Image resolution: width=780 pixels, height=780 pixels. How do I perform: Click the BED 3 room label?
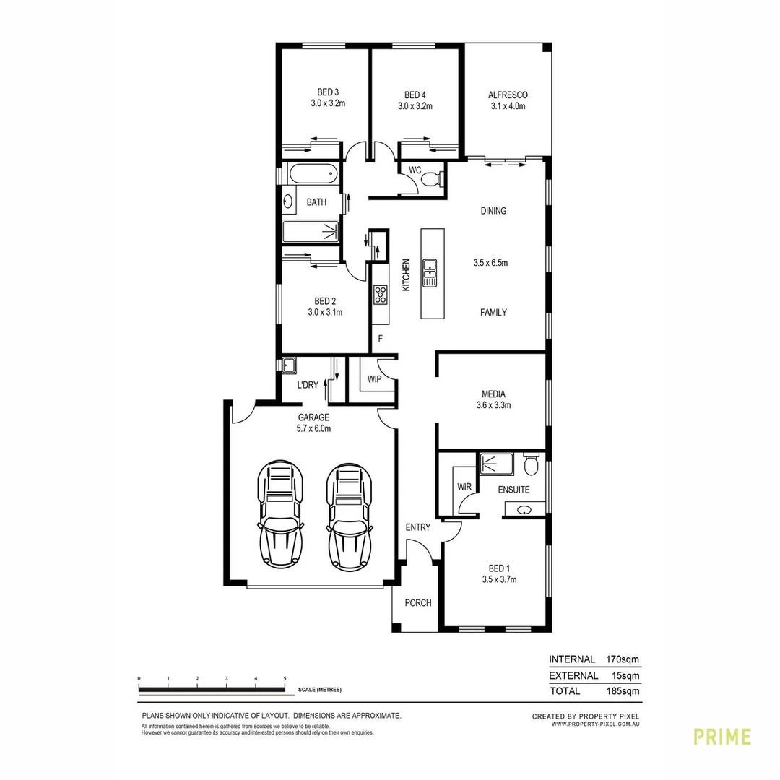(328, 92)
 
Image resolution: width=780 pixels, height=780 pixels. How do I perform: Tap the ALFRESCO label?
(508, 95)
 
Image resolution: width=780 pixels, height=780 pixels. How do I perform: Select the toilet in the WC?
(430, 178)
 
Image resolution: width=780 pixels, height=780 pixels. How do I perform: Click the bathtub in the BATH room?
(313, 174)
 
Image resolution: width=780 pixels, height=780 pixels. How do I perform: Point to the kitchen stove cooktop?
(381, 295)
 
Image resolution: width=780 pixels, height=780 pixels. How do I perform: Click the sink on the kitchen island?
(430, 273)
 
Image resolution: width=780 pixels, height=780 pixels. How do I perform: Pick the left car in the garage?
(280, 514)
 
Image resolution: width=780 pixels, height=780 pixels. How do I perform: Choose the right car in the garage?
(350, 517)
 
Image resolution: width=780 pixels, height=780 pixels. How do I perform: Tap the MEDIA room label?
(493, 394)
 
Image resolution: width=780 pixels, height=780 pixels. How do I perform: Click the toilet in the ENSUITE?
(531, 464)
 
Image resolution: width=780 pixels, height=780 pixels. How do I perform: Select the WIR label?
(464, 487)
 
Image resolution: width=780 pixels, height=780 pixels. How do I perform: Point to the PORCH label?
(418, 603)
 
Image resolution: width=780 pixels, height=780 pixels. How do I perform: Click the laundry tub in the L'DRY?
(289, 365)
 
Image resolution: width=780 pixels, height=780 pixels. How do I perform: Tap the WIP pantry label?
(375, 379)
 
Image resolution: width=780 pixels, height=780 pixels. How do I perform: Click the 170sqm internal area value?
(623, 659)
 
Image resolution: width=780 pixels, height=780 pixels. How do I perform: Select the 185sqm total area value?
(623, 691)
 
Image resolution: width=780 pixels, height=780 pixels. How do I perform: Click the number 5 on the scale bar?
(285, 678)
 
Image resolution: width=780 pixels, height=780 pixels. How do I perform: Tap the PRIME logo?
(722, 737)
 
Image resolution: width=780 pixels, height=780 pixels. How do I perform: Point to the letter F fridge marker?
(380, 339)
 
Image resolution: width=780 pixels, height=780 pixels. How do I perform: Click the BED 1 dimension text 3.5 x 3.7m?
(499, 579)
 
